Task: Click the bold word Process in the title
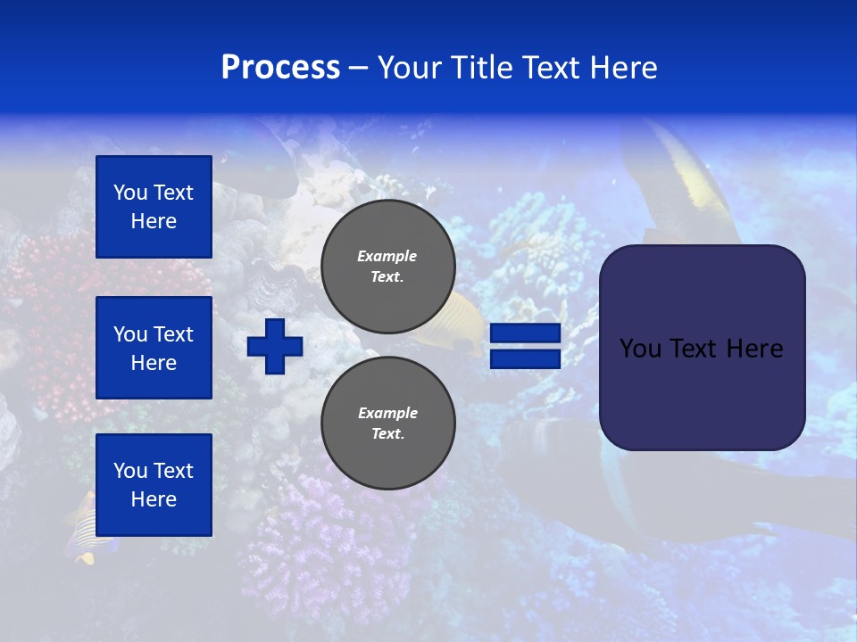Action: pos(280,68)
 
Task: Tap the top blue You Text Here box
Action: pos(154,207)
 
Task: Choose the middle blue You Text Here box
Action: pos(154,348)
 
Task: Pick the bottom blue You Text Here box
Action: pos(154,485)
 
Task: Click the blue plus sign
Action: pos(275,346)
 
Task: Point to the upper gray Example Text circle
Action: pos(387,267)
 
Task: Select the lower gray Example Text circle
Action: pos(387,423)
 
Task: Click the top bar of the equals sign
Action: pos(525,333)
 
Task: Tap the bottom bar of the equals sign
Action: pos(525,358)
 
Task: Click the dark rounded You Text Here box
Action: pos(702,348)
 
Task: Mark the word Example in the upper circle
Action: pos(387,256)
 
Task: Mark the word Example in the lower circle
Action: pos(387,413)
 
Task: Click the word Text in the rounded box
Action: pos(697,349)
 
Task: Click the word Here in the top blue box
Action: pos(154,221)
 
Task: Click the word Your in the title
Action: pos(410,68)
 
